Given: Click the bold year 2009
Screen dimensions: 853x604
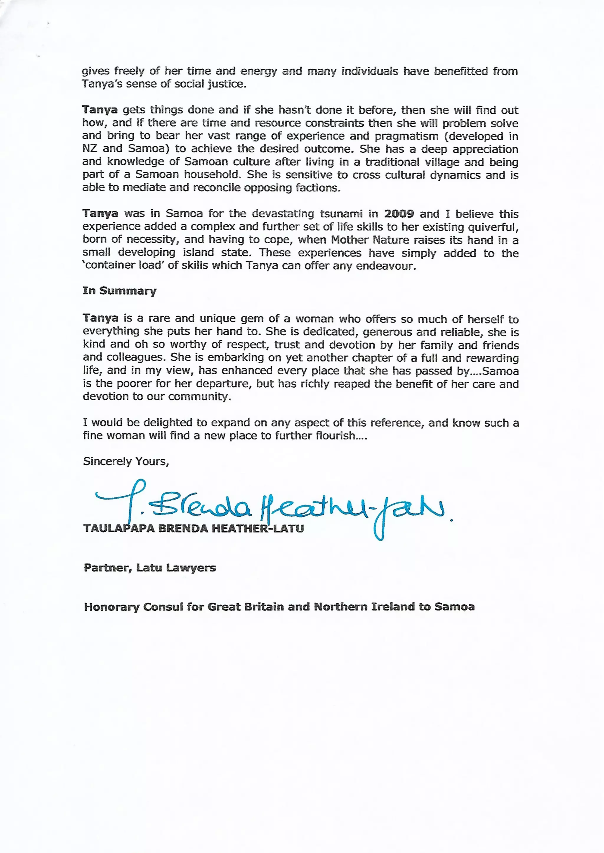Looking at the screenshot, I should pos(399,214).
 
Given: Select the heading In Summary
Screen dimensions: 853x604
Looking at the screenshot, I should pos(119,291).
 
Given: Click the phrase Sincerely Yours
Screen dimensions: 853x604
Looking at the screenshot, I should pos(126,461).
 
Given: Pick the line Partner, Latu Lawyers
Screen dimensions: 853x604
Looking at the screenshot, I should pos(150,568).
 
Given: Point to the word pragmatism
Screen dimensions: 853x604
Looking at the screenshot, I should pos(406,136).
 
